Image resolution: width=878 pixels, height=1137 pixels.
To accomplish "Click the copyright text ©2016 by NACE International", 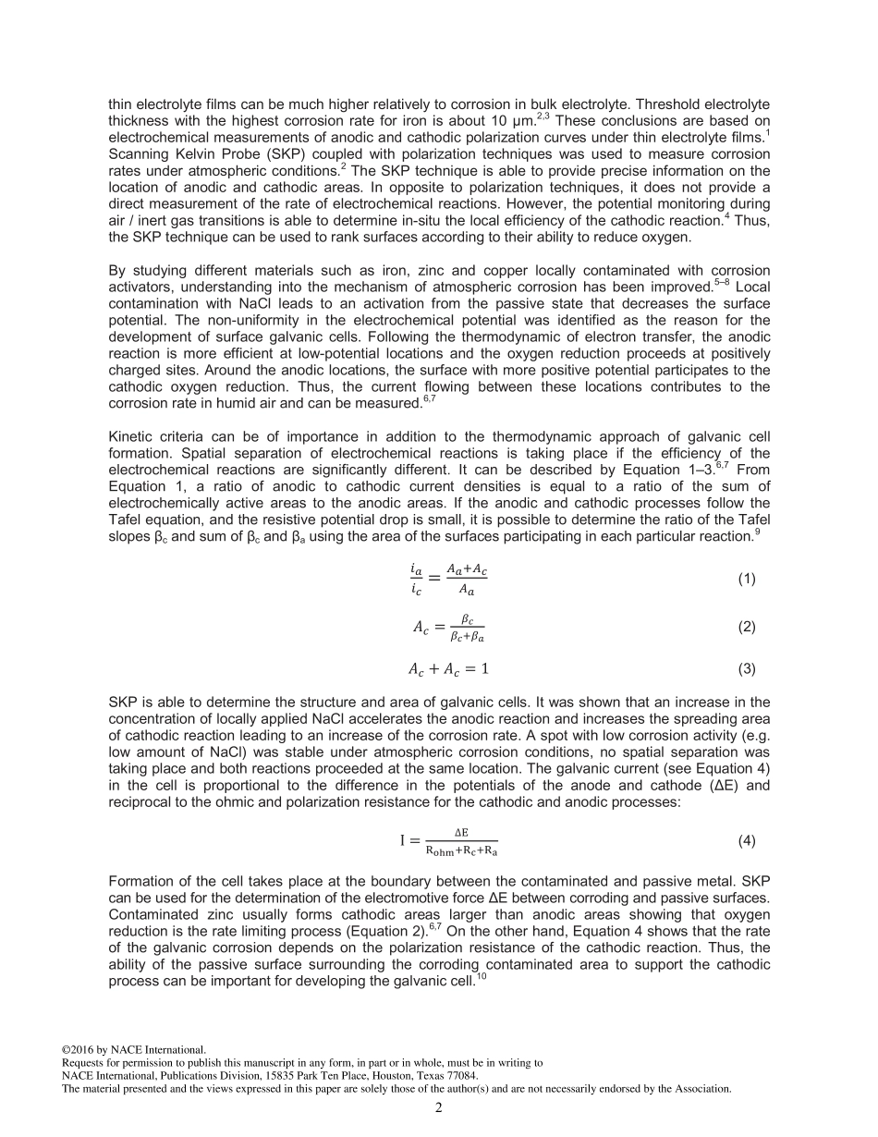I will [x=133, y=1050].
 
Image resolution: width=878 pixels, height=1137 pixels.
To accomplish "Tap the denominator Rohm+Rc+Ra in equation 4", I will [x=461, y=850].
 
